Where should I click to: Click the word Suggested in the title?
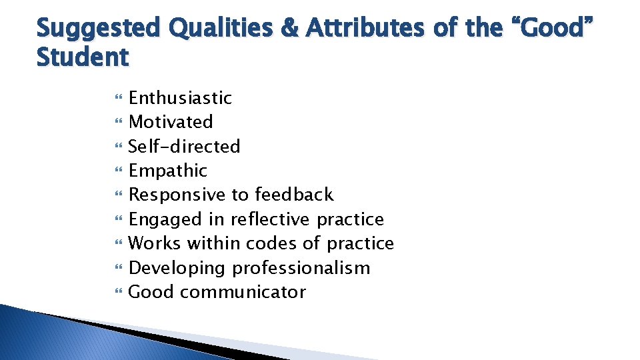99,29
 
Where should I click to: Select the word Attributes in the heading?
353,29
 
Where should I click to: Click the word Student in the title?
82,57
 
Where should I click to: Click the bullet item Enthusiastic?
180,98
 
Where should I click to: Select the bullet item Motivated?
171,122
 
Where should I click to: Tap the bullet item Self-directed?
184,146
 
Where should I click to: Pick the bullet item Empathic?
168,171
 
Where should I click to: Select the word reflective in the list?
271,219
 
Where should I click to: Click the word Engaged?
165,219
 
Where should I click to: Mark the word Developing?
177,268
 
